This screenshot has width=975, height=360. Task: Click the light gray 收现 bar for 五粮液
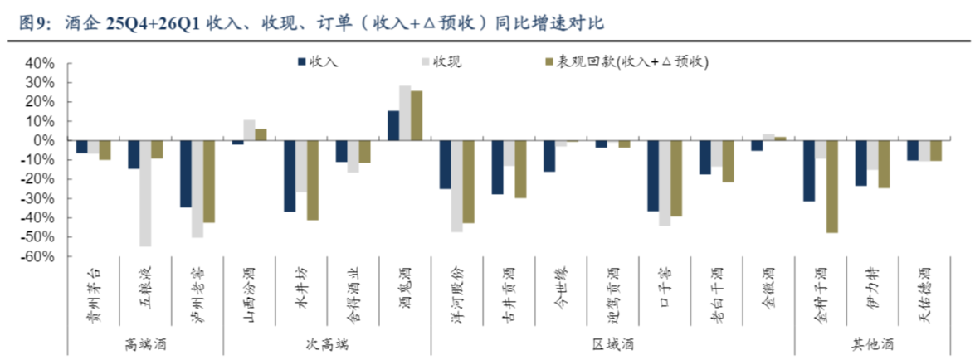[x=145, y=193]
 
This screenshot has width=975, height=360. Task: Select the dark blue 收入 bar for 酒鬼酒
[x=393, y=125]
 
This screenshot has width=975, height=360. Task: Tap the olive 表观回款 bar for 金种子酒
[x=831, y=187]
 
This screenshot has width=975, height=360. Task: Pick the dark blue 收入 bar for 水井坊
[x=289, y=176]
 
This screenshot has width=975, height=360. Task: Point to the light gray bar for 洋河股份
[x=456, y=186]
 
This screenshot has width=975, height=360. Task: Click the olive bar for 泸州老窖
[x=208, y=182]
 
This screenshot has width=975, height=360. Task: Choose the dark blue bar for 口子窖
[x=653, y=176]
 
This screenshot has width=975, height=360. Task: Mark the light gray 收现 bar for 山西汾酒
[x=249, y=130]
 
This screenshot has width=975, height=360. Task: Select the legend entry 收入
[x=318, y=61]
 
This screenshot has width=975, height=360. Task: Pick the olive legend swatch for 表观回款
[x=549, y=61]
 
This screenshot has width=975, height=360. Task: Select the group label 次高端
[x=327, y=344]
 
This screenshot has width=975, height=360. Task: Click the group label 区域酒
[x=612, y=344]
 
